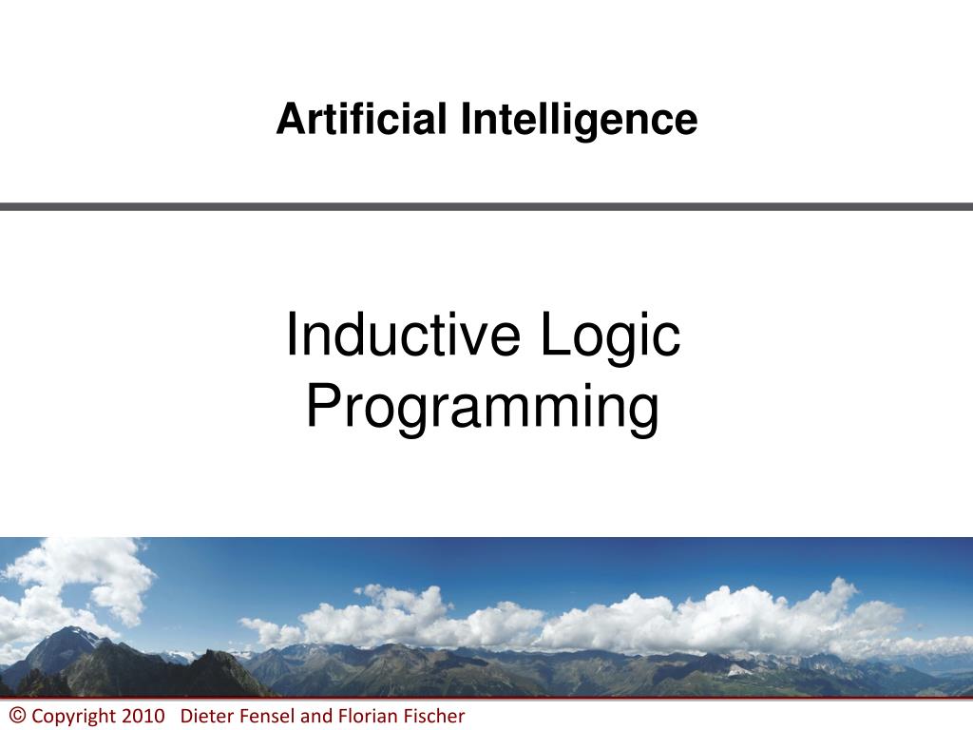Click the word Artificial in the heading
pyautogui.click(x=361, y=119)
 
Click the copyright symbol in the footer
pyautogui.click(x=17, y=715)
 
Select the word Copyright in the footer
pyautogui.click(x=73, y=717)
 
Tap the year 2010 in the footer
pyautogui.click(x=143, y=716)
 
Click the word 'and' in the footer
pyautogui.click(x=316, y=716)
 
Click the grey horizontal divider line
pyautogui.click(x=486, y=206)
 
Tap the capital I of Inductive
pyautogui.click(x=291, y=334)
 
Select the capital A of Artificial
pyautogui.click(x=293, y=119)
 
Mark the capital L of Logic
pyautogui.click(x=555, y=334)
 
